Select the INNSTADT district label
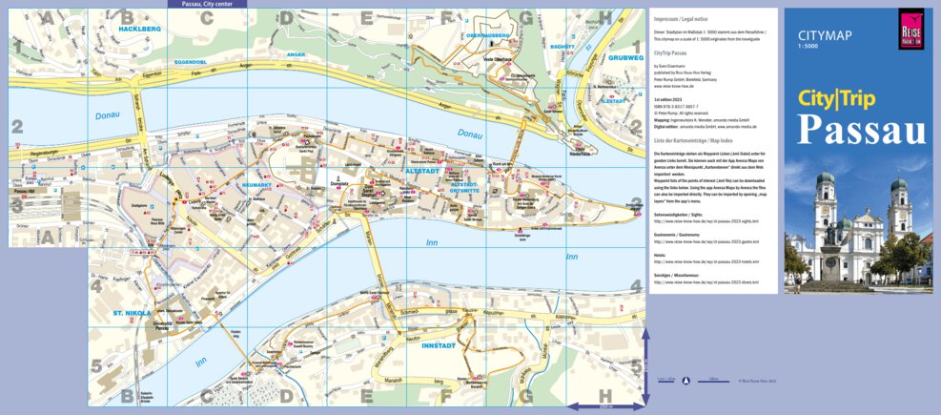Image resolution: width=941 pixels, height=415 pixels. click(441, 346)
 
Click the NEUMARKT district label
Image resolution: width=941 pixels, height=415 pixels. click(233, 184)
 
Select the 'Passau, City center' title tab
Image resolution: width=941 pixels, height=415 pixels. click(206, 4)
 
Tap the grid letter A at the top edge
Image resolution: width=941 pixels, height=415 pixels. click(47, 15)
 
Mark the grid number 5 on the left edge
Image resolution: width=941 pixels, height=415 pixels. click(95, 365)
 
